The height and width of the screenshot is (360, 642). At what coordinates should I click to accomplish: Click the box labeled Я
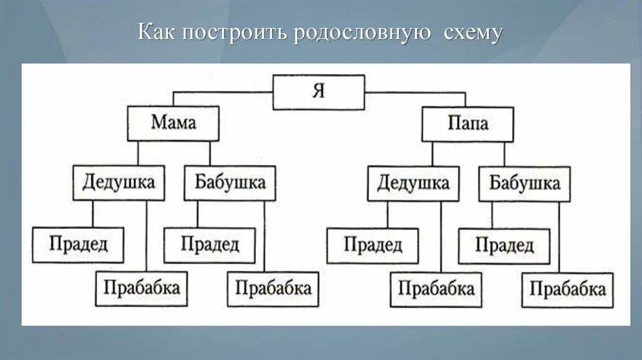[x=318, y=92]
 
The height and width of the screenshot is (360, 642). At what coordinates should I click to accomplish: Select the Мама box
[x=173, y=123]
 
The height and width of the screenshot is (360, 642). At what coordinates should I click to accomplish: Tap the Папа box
[x=468, y=124]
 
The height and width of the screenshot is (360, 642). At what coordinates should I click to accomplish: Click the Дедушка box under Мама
[x=118, y=183]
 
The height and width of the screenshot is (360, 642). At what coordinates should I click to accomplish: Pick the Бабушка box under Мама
[x=229, y=183]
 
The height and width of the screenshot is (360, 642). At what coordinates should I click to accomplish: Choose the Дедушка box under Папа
[x=413, y=183]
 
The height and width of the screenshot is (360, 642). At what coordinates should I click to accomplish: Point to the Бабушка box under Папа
[x=524, y=184]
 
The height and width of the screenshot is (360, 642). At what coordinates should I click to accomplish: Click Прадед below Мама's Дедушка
[x=78, y=245]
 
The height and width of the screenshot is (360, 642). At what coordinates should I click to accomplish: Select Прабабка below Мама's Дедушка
[x=142, y=288]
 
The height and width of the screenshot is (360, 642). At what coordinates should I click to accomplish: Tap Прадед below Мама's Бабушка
[x=210, y=245]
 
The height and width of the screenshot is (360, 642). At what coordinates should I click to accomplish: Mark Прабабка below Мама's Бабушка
[x=273, y=289]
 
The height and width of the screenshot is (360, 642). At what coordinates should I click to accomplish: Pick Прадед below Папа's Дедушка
[x=373, y=245]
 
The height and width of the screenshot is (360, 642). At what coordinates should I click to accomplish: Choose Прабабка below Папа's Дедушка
[x=436, y=289]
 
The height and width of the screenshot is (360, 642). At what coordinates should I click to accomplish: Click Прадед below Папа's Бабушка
[x=505, y=245]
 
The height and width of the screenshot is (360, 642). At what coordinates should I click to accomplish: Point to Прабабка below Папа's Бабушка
[x=567, y=289]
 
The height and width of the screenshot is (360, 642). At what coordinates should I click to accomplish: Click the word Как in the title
[x=157, y=33]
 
